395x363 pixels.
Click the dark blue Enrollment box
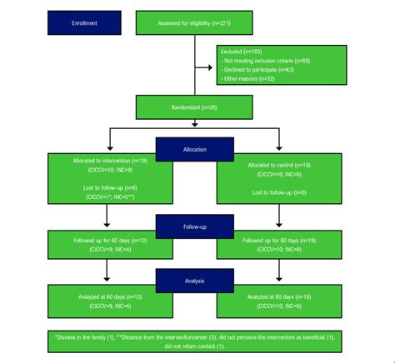(x=85, y=23)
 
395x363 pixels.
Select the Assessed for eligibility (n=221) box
(x=194, y=23)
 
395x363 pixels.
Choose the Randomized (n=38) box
(x=194, y=107)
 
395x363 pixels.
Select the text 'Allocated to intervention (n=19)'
(x=111, y=159)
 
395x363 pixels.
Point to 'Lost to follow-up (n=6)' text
(x=111, y=188)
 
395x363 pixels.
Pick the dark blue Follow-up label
(x=194, y=226)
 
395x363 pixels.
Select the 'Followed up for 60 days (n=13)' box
(x=111, y=245)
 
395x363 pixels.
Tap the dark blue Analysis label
(x=194, y=281)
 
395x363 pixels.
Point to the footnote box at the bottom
(x=194, y=341)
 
